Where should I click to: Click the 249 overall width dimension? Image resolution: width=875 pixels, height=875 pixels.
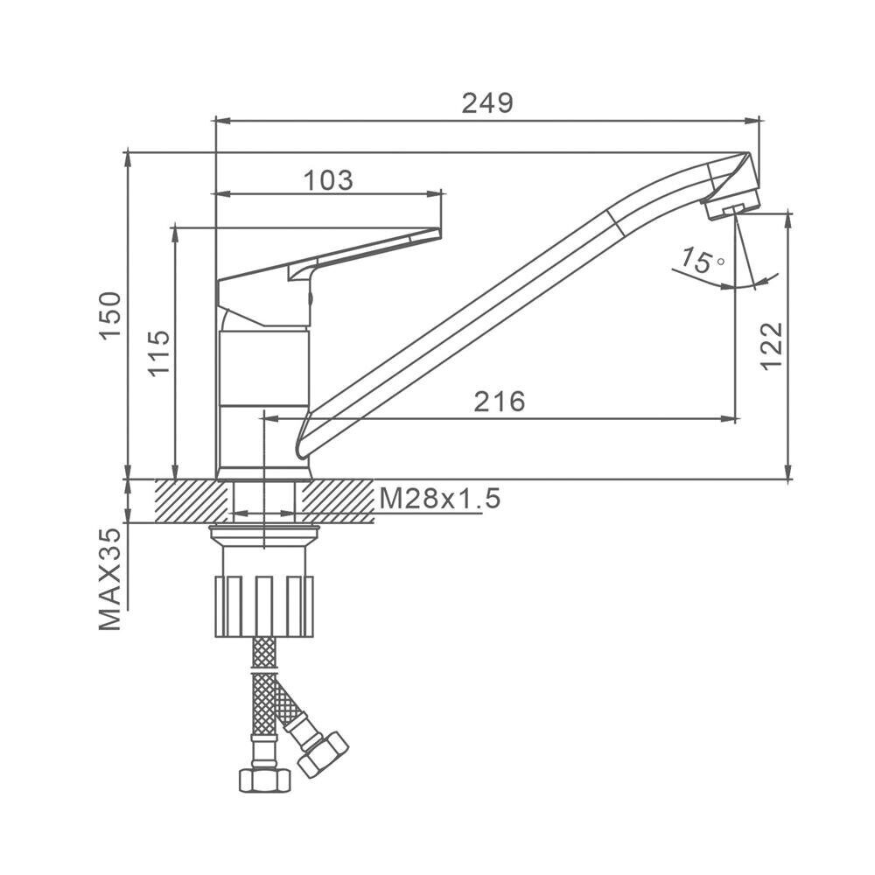coord(487,103)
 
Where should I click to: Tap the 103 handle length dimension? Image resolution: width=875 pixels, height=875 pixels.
coord(329,180)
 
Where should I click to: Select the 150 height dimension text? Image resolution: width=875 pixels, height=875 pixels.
coord(110,315)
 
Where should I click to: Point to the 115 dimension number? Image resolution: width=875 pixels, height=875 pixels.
coord(159,353)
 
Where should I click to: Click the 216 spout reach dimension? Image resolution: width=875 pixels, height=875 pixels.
coord(500,402)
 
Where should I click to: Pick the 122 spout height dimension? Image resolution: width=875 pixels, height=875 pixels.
coord(772,346)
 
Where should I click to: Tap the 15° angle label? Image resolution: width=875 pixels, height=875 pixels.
coord(702,261)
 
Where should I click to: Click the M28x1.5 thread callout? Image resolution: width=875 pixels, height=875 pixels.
coord(440,499)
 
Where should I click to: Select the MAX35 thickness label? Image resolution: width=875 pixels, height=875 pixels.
coord(110,579)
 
